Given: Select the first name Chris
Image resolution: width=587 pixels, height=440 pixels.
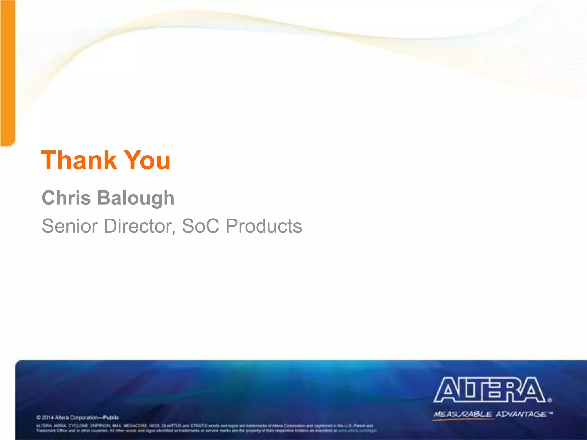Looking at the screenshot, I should [66, 198].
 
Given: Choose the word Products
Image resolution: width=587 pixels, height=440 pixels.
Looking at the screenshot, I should [264, 226].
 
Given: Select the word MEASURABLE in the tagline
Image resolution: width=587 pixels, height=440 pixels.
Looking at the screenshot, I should [463, 414].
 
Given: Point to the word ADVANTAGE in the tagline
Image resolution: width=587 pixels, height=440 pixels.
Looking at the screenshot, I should [521, 414].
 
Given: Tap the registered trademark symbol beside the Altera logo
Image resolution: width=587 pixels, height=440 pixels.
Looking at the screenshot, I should [549, 400].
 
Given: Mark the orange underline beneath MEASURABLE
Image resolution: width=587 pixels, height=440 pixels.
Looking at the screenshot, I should [461, 419].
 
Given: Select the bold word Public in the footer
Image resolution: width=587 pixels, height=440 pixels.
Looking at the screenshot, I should [111, 417].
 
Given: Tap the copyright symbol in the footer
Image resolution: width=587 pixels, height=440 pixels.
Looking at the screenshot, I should [38, 417].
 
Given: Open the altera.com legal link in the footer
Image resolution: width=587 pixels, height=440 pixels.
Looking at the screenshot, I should [357, 430].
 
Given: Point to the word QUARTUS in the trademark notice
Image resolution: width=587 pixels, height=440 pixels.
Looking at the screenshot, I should [171, 426].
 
